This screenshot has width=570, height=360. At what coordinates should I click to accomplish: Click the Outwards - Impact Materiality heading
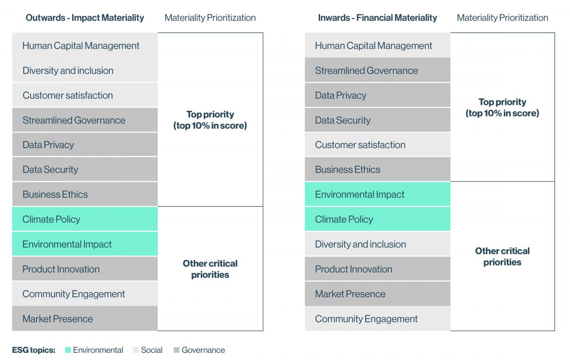[85, 18]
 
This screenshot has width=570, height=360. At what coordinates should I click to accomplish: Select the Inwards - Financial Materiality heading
[377, 18]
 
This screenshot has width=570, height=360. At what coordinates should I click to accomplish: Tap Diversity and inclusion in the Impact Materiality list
[68, 71]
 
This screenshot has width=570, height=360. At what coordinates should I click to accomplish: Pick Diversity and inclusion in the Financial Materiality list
[360, 245]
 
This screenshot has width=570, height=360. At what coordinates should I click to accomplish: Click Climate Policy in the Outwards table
[51, 219]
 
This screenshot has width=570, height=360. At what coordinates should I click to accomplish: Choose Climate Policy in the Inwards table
[344, 219]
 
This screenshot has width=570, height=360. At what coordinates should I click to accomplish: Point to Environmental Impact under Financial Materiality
[360, 195]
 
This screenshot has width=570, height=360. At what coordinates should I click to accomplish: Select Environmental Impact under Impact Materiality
[67, 245]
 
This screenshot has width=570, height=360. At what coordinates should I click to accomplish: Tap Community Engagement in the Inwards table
[366, 319]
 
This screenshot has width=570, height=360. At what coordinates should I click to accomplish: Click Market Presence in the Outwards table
[57, 319]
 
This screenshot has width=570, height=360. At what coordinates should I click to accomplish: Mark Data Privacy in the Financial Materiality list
[341, 95]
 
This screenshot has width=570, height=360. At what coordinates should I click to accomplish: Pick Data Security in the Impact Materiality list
[50, 170]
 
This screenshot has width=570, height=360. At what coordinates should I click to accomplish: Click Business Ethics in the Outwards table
[55, 195]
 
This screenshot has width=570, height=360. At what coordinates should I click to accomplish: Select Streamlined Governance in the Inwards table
[366, 71]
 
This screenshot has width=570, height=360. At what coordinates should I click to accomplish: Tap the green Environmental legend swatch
[68, 351]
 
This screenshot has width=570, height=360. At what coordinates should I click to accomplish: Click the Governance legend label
[203, 351]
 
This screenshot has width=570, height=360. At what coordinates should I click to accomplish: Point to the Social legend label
[152, 351]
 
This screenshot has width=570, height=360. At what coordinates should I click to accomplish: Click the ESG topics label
[34, 351]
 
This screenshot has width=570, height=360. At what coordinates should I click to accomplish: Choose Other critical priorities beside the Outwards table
[210, 269]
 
